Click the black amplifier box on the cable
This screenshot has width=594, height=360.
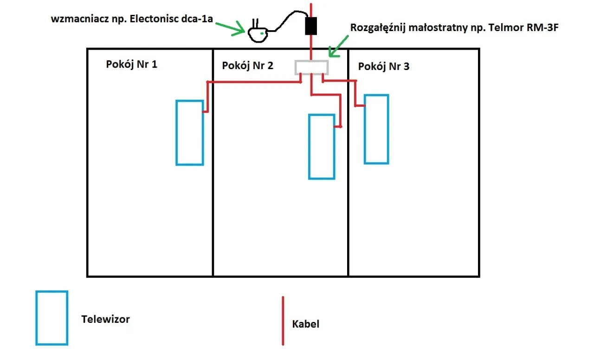pyautogui.click(x=310, y=26)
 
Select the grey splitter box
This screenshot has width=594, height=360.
pyautogui.click(x=312, y=67)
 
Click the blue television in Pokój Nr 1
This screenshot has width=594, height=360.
pyautogui.click(x=189, y=133)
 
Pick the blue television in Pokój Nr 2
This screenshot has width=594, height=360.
pyautogui.click(x=322, y=147)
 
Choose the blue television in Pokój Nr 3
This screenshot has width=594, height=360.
pyautogui.click(x=376, y=129)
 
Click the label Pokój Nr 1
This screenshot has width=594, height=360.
pyautogui.click(x=132, y=64)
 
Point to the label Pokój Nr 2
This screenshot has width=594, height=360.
pyautogui.click(x=247, y=65)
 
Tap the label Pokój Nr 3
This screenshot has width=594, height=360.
pyautogui.click(x=384, y=66)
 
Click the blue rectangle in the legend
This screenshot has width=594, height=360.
pyautogui.click(x=52, y=318)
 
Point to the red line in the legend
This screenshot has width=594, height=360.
pyautogui.click(x=283, y=321)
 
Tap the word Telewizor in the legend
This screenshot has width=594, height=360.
pyautogui.click(x=105, y=319)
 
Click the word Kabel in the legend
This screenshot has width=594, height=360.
pyautogui.click(x=306, y=324)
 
